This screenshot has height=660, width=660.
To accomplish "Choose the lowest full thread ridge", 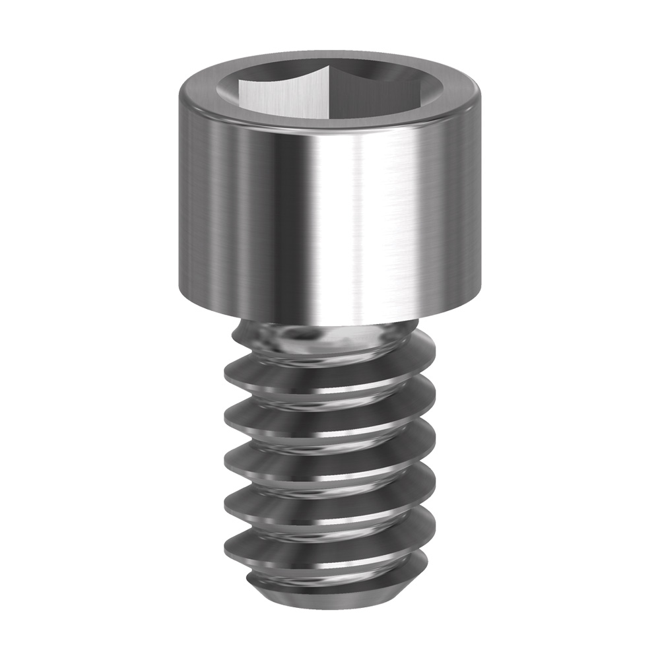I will (x=330, y=544).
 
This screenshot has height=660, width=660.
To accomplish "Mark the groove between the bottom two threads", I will (x=330, y=525).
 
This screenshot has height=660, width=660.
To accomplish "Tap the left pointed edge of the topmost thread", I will (x=226, y=376).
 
